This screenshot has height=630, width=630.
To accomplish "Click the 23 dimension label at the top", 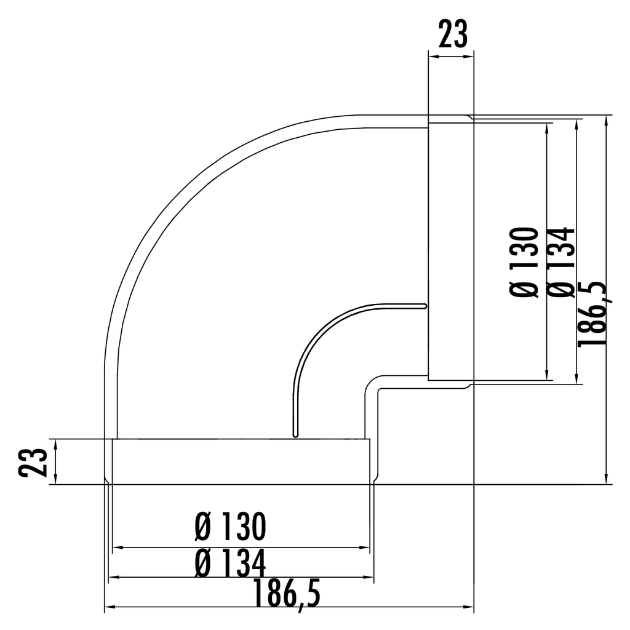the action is click(x=453, y=34).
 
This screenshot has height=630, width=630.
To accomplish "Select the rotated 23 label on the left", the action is click(x=33, y=462).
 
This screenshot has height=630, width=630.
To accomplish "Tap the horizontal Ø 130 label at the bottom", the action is click(x=230, y=527).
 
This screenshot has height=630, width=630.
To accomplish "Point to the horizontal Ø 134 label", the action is click(x=230, y=564).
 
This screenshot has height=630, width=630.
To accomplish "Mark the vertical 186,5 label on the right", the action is click(x=591, y=313).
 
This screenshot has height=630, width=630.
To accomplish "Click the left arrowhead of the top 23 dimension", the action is click(x=433, y=57).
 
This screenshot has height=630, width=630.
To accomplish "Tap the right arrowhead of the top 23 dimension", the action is click(x=469, y=57).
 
